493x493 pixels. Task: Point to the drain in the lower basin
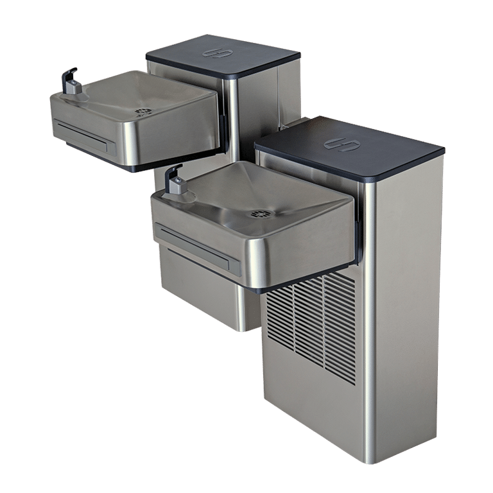tap(261, 212)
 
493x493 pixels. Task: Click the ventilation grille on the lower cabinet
tap(311, 324)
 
